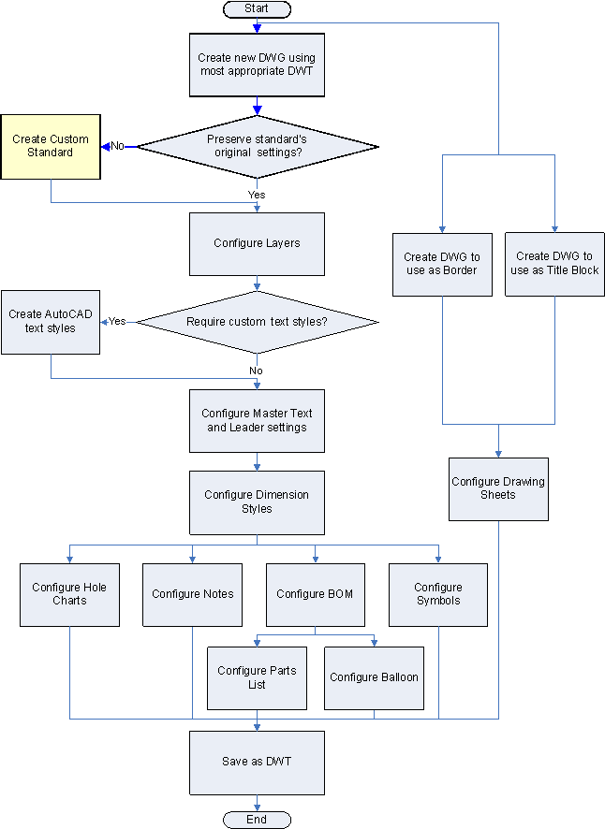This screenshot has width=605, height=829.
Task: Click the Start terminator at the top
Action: (x=257, y=8)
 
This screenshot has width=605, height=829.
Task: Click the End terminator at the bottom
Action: (x=257, y=820)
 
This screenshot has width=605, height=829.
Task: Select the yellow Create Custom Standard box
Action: (x=51, y=146)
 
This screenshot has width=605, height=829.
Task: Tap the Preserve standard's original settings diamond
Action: (x=257, y=146)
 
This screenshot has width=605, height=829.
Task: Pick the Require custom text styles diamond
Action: (x=257, y=322)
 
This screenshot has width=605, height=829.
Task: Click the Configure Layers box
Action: (x=257, y=243)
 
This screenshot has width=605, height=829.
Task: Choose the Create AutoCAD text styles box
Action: (x=51, y=321)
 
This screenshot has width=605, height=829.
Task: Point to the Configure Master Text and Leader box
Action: (x=257, y=420)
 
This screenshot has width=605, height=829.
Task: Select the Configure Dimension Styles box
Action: (x=257, y=502)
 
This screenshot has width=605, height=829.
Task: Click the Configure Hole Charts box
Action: (x=69, y=594)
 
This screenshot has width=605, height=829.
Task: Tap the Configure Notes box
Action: (x=193, y=594)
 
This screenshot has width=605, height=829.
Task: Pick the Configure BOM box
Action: (x=315, y=594)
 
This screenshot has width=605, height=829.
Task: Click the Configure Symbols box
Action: (x=438, y=594)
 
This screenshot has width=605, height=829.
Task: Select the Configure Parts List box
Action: (x=257, y=677)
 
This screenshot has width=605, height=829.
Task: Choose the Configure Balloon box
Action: (x=375, y=677)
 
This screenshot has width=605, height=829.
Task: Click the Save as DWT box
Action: (x=257, y=762)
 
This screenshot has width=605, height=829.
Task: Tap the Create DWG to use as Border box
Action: (x=441, y=264)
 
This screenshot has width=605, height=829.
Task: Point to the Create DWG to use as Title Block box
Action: (x=553, y=264)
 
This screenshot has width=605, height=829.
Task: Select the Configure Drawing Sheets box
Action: (x=498, y=488)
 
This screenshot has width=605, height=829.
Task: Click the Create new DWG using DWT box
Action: (x=257, y=65)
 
